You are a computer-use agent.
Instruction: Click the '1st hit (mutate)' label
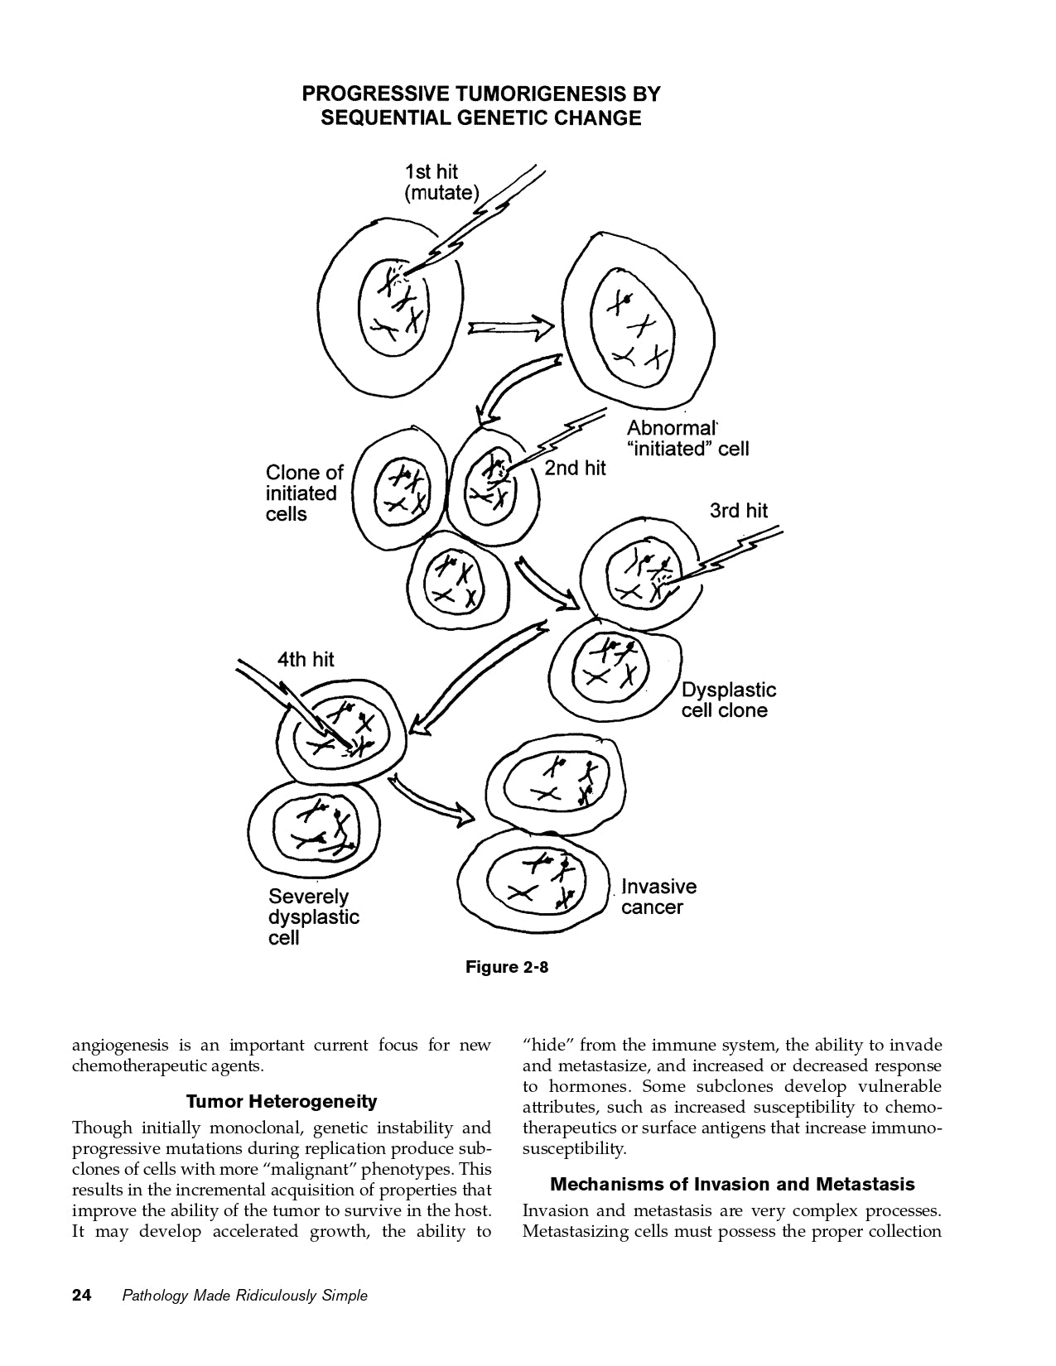[441, 183]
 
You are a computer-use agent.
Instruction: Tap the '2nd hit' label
[575, 468]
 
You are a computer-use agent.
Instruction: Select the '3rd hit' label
[738, 511]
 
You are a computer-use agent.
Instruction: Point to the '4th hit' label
[305, 659]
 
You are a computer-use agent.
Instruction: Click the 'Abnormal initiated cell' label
[687, 439]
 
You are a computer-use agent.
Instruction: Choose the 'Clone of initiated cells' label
[304, 493]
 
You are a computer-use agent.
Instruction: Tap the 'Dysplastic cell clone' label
[729, 700]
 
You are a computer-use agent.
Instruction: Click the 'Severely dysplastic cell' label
[314, 917]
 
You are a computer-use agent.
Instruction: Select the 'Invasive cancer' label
[658, 897]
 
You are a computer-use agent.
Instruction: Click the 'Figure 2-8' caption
[507, 967]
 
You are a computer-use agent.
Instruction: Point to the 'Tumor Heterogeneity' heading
[282, 1102]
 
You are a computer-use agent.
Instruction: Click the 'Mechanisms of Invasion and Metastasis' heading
[732, 1184]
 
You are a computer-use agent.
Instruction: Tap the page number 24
[82, 1295]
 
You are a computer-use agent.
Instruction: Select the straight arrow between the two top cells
[510, 328]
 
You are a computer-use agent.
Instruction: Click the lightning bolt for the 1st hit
[480, 219]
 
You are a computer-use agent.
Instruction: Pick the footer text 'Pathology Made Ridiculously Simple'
[244, 1296]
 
